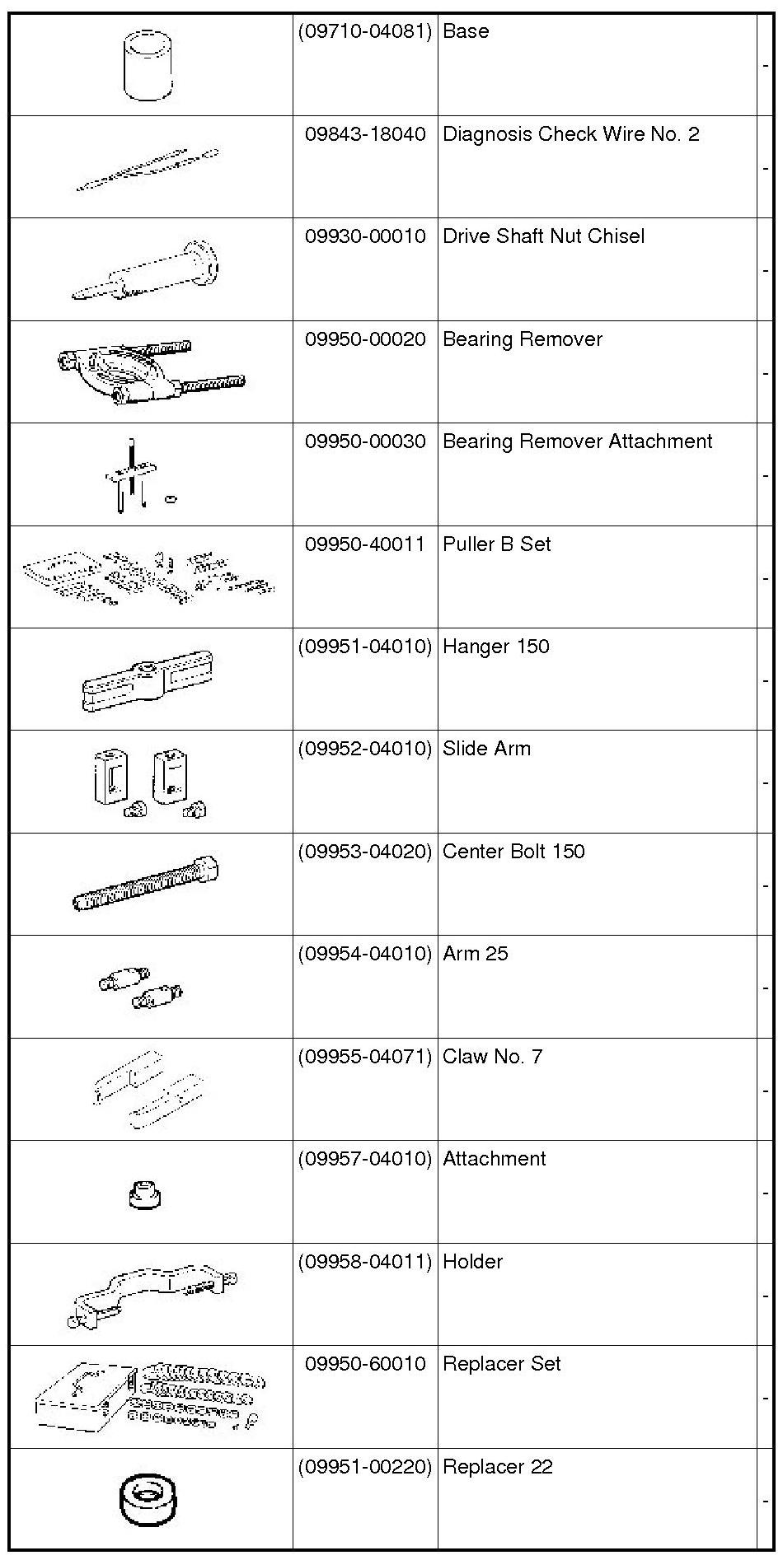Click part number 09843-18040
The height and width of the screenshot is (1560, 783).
(x=365, y=134)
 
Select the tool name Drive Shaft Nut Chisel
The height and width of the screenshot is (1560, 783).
(x=543, y=236)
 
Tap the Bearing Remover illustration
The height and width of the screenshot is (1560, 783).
(x=151, y=371)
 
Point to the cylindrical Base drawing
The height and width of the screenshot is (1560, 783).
(x=149, y=66)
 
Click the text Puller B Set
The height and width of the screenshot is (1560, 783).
(x=496, y=544)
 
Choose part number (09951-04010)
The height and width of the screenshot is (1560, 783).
(x=365, y=647)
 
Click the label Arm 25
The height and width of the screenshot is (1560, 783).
(x=475, y=954)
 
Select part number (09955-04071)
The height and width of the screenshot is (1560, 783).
(x=365, y=1057)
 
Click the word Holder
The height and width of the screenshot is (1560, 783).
(x=472, y=1262)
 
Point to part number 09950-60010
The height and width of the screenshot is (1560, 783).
(x=365, y=1364)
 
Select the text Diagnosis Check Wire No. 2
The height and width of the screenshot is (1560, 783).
(x=570, y=134)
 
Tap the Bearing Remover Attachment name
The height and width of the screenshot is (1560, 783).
(x=577, y=441)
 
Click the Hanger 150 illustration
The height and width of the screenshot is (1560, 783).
(x=148, y=680)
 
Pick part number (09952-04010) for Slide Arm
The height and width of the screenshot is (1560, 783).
(x=365, y=749)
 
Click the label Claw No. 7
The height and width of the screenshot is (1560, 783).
(x=492, y=1057)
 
